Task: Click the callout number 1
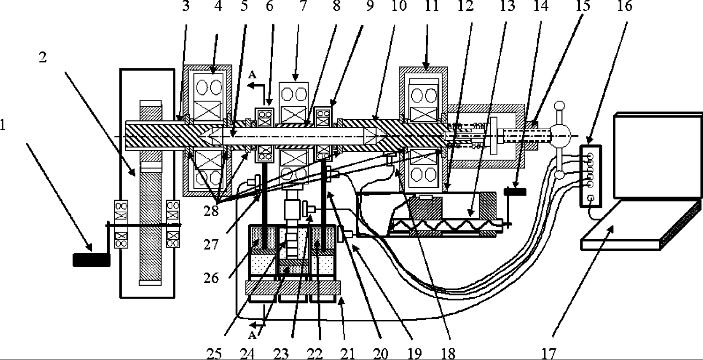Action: tap(4, 126)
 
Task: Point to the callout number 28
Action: tap(211, 211)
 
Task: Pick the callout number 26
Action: tap(211, 278)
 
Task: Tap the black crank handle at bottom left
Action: tap(91, 259)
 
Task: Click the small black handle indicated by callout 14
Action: tap(515, 191)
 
